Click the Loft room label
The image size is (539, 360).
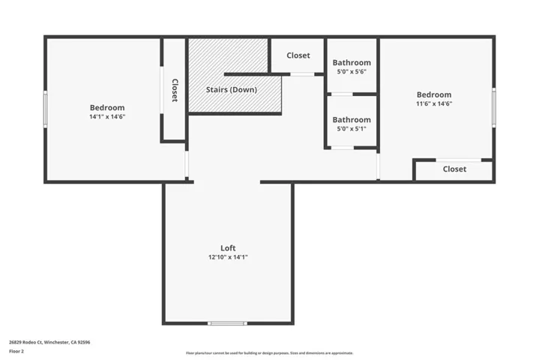(x=228, y=247)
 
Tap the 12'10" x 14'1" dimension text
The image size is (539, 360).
(x=228, y=257)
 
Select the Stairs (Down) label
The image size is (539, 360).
(x=232, y=90)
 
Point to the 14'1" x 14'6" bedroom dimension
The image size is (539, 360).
(x=107, y=117)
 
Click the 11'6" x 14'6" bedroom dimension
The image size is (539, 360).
(x=434, y=103)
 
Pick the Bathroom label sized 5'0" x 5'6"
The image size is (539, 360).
(x=352, y=63)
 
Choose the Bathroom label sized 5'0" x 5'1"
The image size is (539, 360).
(x=352, y=120)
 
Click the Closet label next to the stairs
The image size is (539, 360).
(x=298, y=55)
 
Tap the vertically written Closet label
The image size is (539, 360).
(x=174, y=90)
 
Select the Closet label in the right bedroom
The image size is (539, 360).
(x=454, y=169)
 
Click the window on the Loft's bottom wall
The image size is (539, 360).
(x=227, y=323)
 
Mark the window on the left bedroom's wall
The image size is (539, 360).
(x=46, y=109)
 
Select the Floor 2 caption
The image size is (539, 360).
(x=16, y=351)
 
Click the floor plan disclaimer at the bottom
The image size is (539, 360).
(x=269, y=352)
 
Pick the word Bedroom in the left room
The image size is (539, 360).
(x=107, y=108)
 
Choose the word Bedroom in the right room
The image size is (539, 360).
(x=434, y=94)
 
